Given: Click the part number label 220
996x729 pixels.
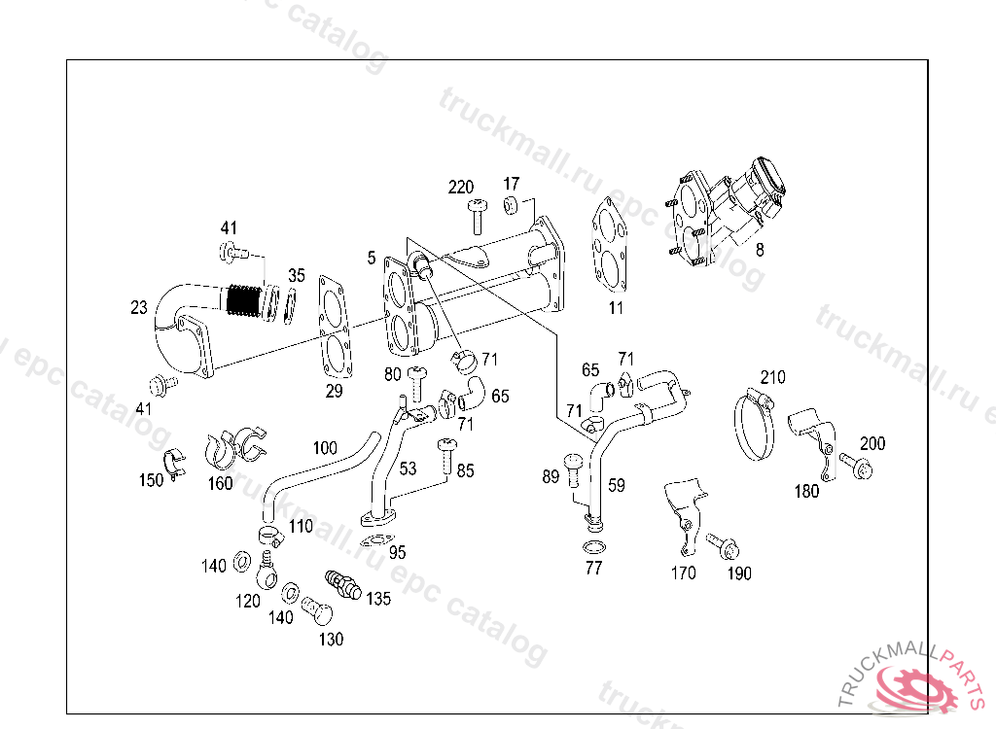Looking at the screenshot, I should click(x=461, y=187).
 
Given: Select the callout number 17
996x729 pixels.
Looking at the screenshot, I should click(x=512, y=183).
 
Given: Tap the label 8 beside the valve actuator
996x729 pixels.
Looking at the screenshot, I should click(x=760, y=249).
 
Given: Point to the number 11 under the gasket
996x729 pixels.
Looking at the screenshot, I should click(x=616, y=309).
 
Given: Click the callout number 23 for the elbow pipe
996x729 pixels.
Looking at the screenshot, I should click(x=139, y=308).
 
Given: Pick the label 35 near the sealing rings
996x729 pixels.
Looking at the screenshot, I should click(x=297, y=275).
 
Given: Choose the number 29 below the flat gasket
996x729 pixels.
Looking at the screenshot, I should click(x=334, y=391).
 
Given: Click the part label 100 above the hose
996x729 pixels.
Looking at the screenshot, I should click(x=325, y=447).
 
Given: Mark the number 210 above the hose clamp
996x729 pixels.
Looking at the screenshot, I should click(x=772, y=377).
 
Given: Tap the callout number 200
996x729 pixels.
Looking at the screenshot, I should click(x=872, y=443).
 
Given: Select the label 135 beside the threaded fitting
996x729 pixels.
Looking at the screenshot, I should click(x=378, y=599).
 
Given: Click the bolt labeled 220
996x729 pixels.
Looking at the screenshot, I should click(x=477, y=216).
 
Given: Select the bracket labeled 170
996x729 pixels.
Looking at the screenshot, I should click(x=683, y=515).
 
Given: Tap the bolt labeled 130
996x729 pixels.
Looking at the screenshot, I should click(x=317, y=612).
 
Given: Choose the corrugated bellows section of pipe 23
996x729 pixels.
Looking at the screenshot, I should click(x=244, y=300).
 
